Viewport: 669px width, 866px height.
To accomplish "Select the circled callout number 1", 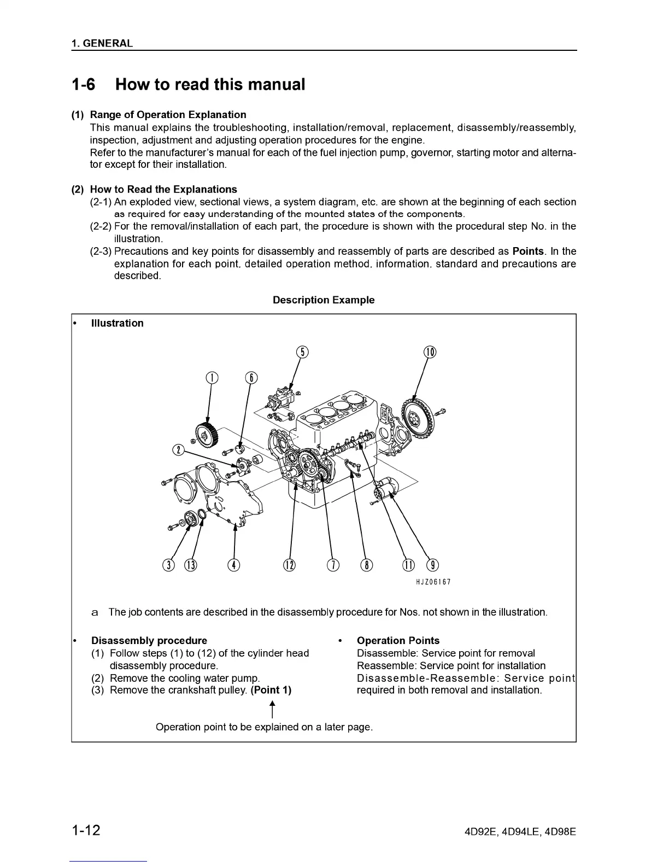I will click(x=212, y=378).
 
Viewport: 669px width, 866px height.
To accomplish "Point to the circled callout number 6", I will click(x=250, y=378).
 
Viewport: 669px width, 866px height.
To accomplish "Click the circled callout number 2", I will click(x=178, y=450).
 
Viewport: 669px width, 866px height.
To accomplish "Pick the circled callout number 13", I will click(x=190, y=565).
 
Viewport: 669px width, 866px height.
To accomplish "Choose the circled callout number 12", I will click(x=289, y=565).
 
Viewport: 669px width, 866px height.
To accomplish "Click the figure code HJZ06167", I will click(x=433, y=582).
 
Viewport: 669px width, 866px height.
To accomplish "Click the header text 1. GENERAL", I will click(x=102, y=44).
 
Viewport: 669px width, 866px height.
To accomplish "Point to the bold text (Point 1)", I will click(x=271, y=690).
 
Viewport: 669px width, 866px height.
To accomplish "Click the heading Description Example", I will click(x=324, y=300).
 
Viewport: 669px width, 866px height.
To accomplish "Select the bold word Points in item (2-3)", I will click(x=528, y=251).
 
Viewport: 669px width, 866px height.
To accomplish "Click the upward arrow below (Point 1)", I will click(x=272, y=710).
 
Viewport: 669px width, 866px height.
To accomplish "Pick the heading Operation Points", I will click(x=398, y=641).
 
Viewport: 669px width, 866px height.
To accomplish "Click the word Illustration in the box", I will click(x=117, y=323).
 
